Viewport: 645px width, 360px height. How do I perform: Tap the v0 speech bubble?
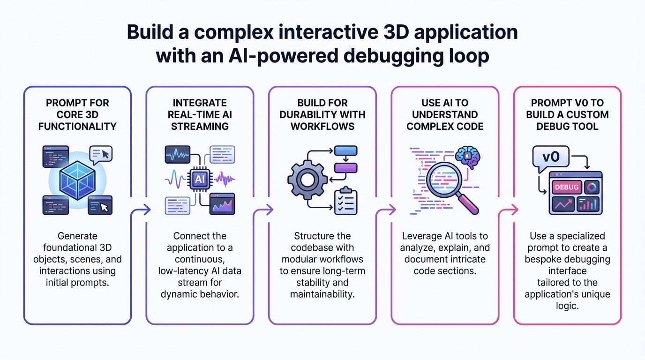coord(551,157)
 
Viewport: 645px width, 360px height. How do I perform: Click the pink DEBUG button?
coord(567,187)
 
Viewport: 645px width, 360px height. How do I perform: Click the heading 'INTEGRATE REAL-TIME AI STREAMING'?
coord(200,114)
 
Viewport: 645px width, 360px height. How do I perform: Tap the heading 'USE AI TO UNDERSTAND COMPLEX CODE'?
coord(444,114)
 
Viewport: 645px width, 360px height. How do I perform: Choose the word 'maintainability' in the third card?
coord(322,294)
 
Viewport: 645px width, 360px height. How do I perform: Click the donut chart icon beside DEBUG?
coord(592,187)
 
